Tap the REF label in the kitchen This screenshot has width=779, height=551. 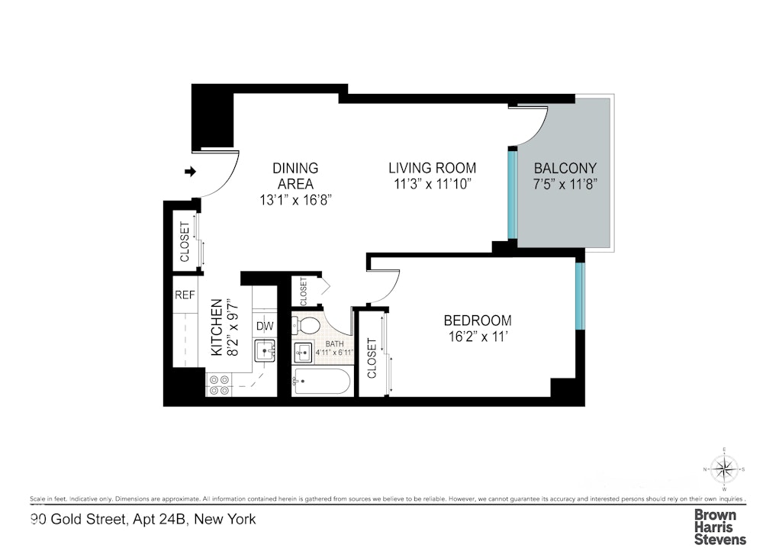(184, 295)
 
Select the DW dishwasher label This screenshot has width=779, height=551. (264, 326)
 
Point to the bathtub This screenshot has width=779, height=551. (321, 382)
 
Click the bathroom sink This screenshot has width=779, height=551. (303, 353)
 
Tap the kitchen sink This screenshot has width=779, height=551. (265, 352)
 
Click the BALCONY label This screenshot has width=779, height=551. (565, 169)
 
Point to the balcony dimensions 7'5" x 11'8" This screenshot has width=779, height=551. (565, 184)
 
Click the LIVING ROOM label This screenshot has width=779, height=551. (432, 168)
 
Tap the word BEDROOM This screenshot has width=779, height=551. (478, 321)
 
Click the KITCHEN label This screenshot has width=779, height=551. (217, 327)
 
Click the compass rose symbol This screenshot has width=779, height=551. (724, 468)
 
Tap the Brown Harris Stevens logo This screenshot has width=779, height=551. (719, 527)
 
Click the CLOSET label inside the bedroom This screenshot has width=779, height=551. (372, 359)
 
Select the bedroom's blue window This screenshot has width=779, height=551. (580, 298)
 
